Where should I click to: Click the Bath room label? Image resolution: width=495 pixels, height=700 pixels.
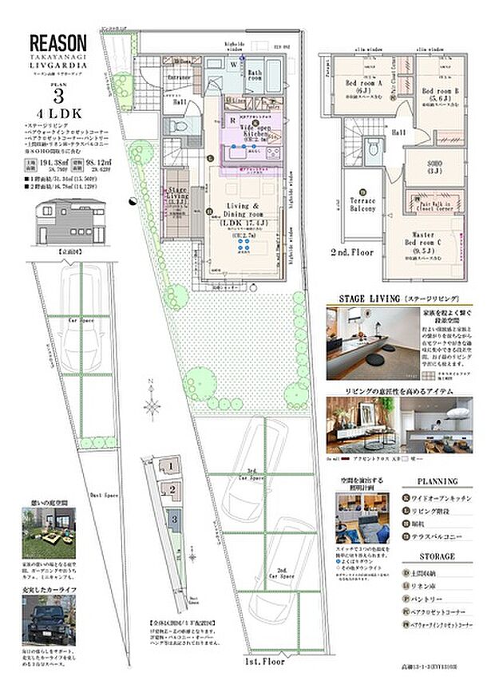point(255,77)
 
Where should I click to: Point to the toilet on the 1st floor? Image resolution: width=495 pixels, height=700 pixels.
point(179,128)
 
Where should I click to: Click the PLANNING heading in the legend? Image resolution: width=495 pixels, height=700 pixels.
point(438,481)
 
